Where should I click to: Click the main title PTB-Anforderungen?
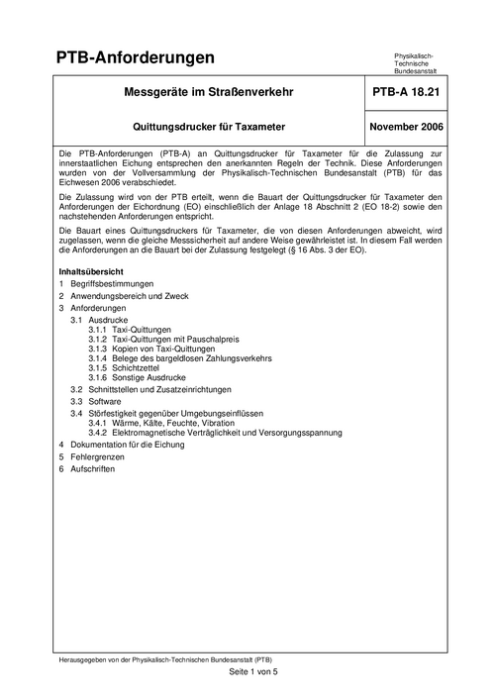pos(135,58)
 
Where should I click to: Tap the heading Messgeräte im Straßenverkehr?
pos(206,94)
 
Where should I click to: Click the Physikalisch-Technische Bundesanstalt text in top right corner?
pos(420,63)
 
